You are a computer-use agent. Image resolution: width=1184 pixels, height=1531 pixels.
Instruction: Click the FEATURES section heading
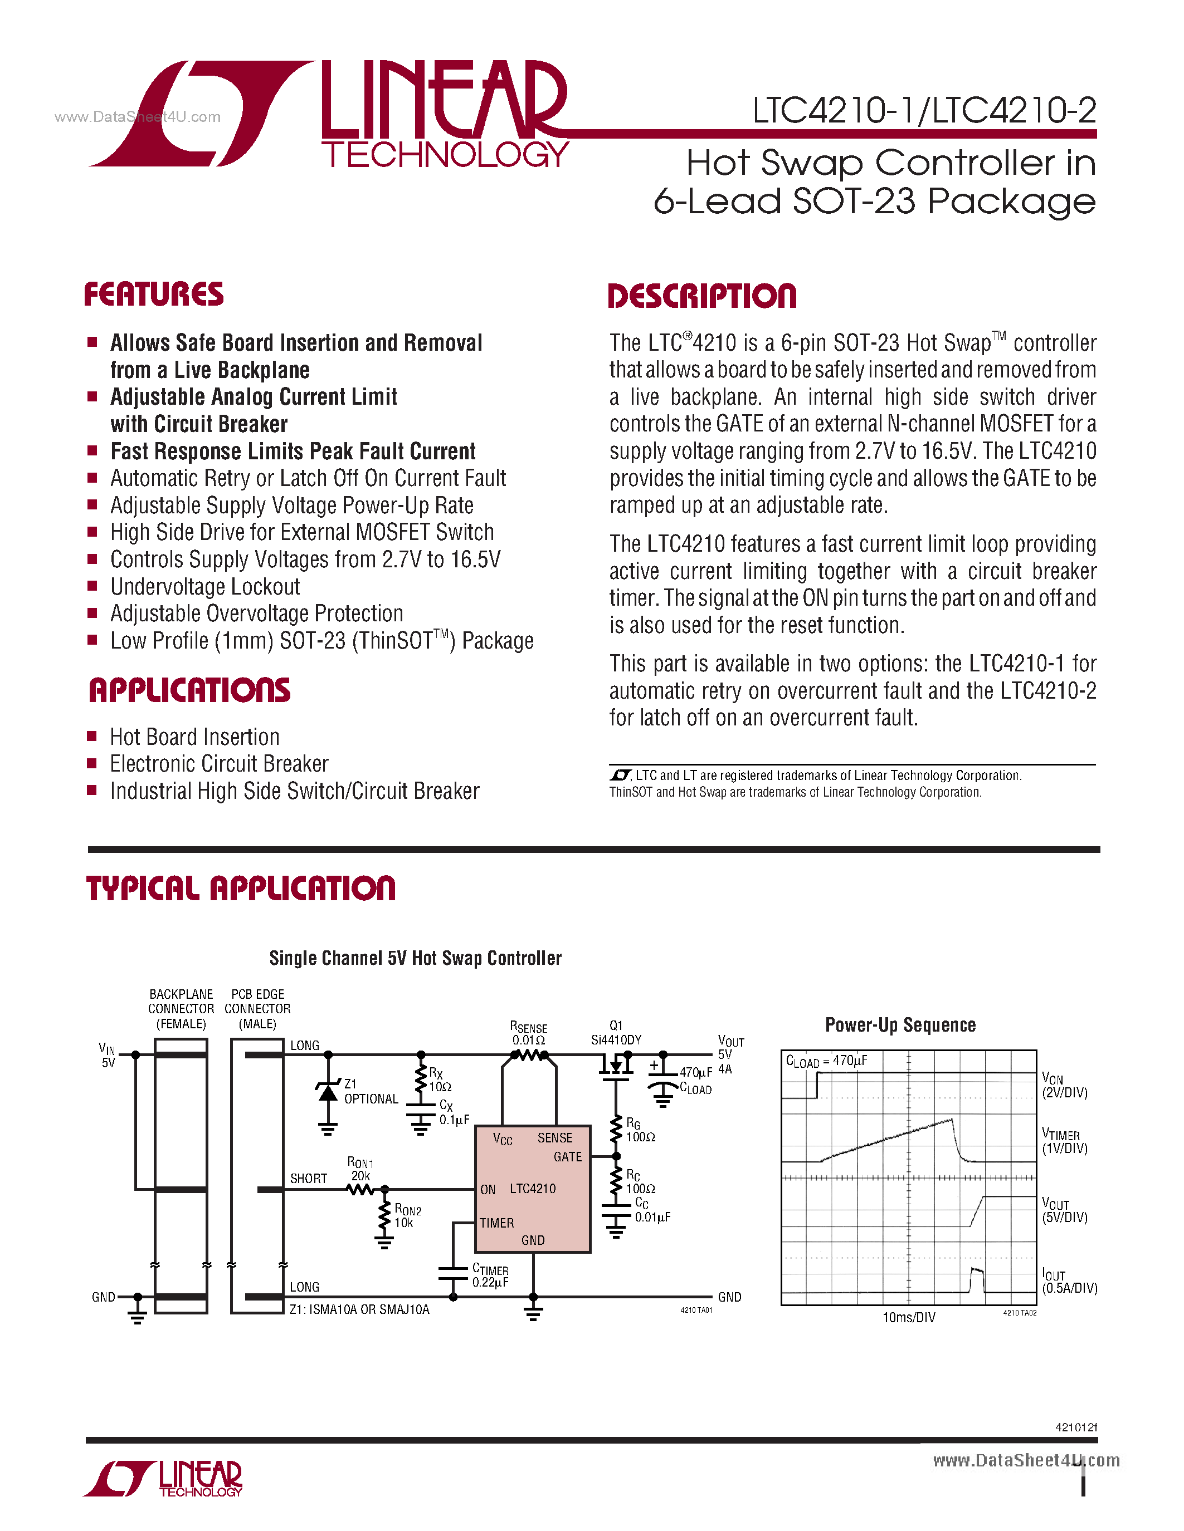[x=154, y=295]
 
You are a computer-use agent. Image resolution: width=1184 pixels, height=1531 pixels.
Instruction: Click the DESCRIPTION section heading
[x=701, y=297]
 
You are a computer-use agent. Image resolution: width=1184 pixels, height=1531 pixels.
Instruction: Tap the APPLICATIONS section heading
[x=189, y=690]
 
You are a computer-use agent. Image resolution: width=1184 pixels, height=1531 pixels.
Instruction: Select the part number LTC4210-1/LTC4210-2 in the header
[x=924, y=111]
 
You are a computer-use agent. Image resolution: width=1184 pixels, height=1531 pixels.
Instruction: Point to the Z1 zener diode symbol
[x=328, y=1092]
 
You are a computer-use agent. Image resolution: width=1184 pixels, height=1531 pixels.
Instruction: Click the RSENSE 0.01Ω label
[x=528, y=1033]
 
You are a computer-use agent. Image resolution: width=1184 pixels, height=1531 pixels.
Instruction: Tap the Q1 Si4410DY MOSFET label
[x=616, y=1033]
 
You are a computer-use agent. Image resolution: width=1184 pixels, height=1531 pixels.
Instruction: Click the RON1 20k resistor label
[x=360, y=1169]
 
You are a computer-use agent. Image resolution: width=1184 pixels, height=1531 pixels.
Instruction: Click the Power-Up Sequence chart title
[x=900, y=1025]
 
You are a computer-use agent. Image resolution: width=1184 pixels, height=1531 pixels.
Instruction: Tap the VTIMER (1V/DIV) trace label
[x=1064, y=1141]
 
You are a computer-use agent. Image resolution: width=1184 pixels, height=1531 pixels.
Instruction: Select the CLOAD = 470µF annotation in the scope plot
[x=826, y=1061]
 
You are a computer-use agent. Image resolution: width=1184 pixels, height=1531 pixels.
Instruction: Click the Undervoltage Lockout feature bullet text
[x=205, y=587]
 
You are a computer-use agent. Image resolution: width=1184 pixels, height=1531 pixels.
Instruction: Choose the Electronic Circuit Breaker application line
[x=219, y=764]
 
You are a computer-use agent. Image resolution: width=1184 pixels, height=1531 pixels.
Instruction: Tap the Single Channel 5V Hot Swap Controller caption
[x=415, y=958]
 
